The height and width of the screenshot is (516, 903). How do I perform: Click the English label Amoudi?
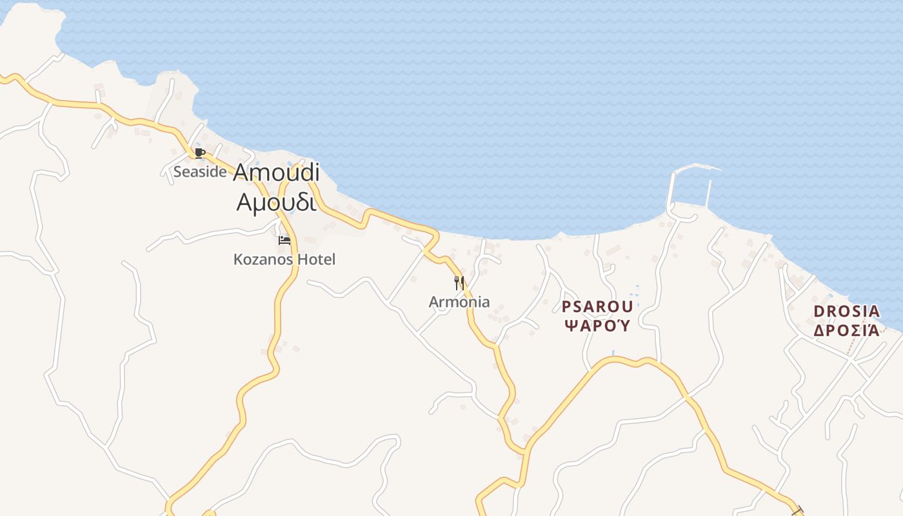pyautogui.click(x=276, y=173)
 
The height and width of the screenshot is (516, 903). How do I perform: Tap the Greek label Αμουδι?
pyautogui.click(x=276, y=202)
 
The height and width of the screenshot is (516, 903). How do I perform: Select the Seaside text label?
pyautogui.click(x=200, y=172)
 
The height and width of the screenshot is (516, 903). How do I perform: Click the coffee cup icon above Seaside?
pyautogui.click(x=200, y=154)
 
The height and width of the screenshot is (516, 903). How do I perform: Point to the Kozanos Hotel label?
pyautogui.click(x=284, y=260)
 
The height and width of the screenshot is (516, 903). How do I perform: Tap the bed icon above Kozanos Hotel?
pyautogui.click(x=284, y=241)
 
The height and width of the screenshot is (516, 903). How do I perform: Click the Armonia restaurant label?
pyautogui.click(x=459, y=302)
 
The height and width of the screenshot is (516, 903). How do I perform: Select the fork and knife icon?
pyautogui.click(x=459, y=283)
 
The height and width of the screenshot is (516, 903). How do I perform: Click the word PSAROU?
pyautogui.click(x=597, y=306)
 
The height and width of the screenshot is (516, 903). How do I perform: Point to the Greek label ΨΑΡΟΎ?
pyautogui.click(x=597, y=326)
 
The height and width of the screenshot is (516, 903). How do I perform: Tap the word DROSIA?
pyautogui.click(x=847, y=312)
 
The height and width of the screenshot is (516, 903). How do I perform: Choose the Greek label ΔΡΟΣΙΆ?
pyautogui.click(x=847, y=331)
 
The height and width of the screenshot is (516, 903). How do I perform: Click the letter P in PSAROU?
pyautogui.click(x=566, y=306)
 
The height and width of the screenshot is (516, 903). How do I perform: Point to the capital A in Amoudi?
pyautogui.click(x=241, y=173)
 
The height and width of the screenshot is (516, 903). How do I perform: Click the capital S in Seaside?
pyautogui.click(x=177, y=172)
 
